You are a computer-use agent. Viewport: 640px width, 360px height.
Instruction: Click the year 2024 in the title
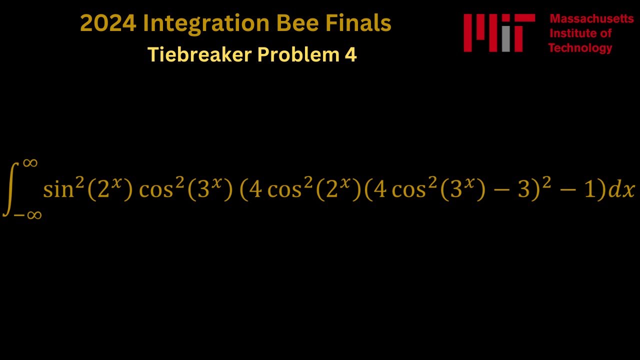(x=108, y=23)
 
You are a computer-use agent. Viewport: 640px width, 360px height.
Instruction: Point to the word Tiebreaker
(x=199, y=54)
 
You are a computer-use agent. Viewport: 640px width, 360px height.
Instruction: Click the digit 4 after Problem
(x=350, y=54)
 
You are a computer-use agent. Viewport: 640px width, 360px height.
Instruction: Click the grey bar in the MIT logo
(x=505, y=39)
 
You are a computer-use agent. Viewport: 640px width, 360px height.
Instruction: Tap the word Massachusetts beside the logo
(x=591, y=19)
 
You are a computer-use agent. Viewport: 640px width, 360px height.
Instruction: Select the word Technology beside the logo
(x=580, y=48)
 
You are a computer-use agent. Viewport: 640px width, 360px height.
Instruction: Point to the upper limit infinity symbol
(x=30, y=162)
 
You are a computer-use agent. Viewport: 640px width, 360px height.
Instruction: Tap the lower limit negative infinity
(x=28, y=215)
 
